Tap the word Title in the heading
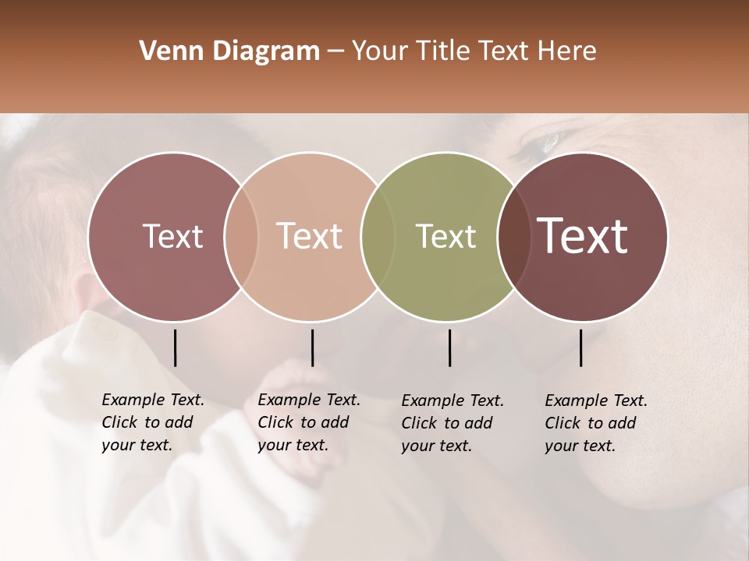point(442,51)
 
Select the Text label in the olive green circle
point(445,236)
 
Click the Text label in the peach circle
point(310,236)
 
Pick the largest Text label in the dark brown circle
point(583,236)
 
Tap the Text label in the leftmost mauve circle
point(173,236)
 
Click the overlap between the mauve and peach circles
point(241,236)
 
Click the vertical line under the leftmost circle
point(175,348)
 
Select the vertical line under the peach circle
point(312,348)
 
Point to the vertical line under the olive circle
point(449,348)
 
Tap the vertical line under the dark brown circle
point(580,348)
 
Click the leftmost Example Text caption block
point(152,422)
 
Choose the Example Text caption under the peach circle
point(308,422)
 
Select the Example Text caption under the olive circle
point(452,423)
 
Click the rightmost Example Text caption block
point(595,423)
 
